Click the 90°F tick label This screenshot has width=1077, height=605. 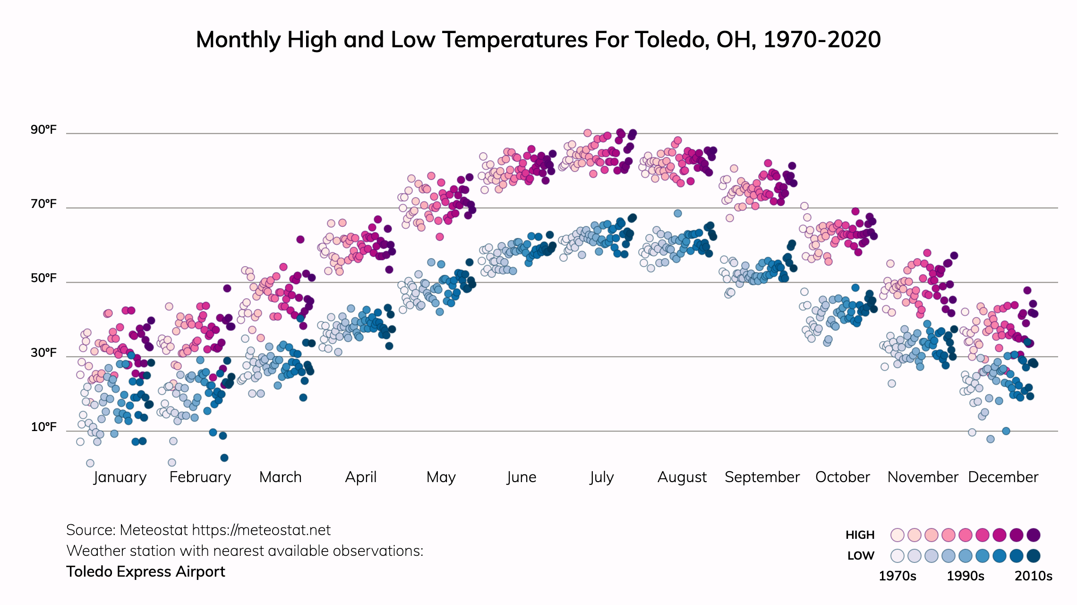43,130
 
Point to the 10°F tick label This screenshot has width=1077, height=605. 43,427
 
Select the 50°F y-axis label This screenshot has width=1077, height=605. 43,278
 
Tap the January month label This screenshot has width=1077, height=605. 120,477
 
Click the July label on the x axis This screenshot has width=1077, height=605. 601,477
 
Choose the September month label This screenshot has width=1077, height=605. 762,477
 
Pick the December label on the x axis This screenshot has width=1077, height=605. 1003,477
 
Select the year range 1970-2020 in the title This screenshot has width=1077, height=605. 822,40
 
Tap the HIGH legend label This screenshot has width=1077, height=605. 860,535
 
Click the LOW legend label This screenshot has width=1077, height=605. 861,556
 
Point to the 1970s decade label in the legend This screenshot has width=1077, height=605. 897,576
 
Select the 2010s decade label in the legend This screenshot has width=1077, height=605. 1034,576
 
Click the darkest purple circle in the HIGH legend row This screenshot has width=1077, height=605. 1034,535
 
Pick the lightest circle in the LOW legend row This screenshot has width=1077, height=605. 897,556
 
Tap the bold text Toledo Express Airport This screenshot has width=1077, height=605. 145,572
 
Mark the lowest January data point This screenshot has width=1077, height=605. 90,463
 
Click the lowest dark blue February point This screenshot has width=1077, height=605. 224,458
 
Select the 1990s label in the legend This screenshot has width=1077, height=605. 966,576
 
